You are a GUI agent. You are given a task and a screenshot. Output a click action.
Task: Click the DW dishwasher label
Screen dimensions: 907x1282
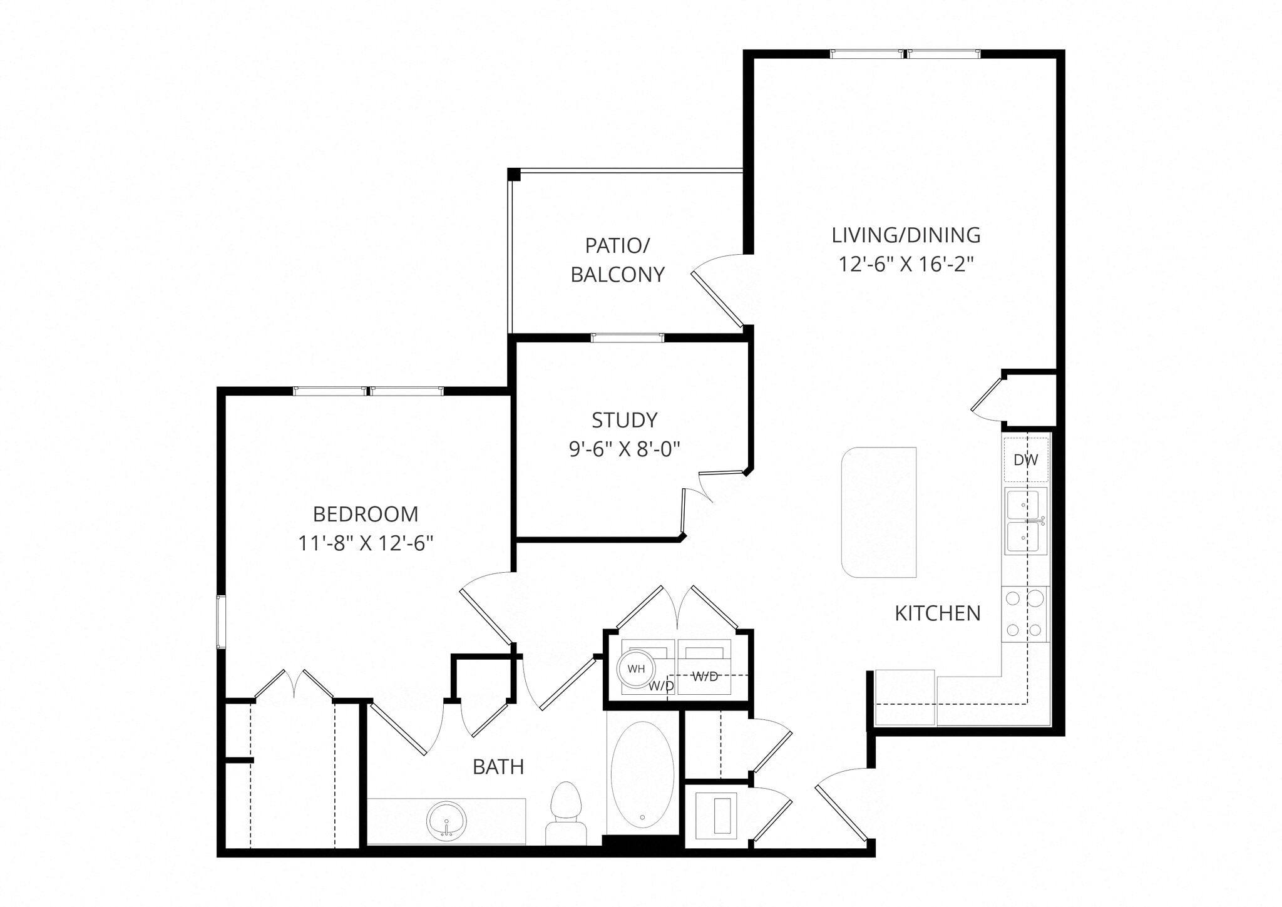1025,460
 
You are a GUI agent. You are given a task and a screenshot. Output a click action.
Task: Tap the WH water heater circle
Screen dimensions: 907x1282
636,669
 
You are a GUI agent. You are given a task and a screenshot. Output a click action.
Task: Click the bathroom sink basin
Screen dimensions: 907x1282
446,821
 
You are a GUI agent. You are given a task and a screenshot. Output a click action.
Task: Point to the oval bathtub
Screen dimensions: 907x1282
642,774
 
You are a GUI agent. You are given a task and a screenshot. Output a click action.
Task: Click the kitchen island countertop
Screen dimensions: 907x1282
879,512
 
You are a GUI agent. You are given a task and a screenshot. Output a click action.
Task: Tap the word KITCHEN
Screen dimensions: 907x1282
937,613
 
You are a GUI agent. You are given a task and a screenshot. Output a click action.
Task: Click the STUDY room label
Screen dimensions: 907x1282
624,420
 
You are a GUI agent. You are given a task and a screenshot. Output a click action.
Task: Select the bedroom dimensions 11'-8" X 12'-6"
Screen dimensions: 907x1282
366,543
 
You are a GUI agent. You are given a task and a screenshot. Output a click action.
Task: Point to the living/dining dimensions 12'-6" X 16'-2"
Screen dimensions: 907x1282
906,265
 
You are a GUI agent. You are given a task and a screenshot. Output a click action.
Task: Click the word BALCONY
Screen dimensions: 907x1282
617,275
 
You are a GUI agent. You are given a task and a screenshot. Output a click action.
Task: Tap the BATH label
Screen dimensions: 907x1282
498,767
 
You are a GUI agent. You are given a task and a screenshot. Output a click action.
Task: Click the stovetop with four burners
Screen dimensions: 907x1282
1024,614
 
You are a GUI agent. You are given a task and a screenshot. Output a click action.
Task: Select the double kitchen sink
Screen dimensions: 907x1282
1025,521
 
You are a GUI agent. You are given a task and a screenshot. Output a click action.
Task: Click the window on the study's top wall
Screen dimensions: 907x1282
627,338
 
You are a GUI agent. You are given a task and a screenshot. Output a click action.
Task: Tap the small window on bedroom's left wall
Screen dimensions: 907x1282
220,622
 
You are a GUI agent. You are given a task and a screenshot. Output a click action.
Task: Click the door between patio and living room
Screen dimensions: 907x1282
717,299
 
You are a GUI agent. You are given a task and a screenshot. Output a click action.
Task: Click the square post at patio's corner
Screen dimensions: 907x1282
513,175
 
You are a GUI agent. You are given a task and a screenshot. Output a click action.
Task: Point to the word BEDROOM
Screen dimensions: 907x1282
366,515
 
